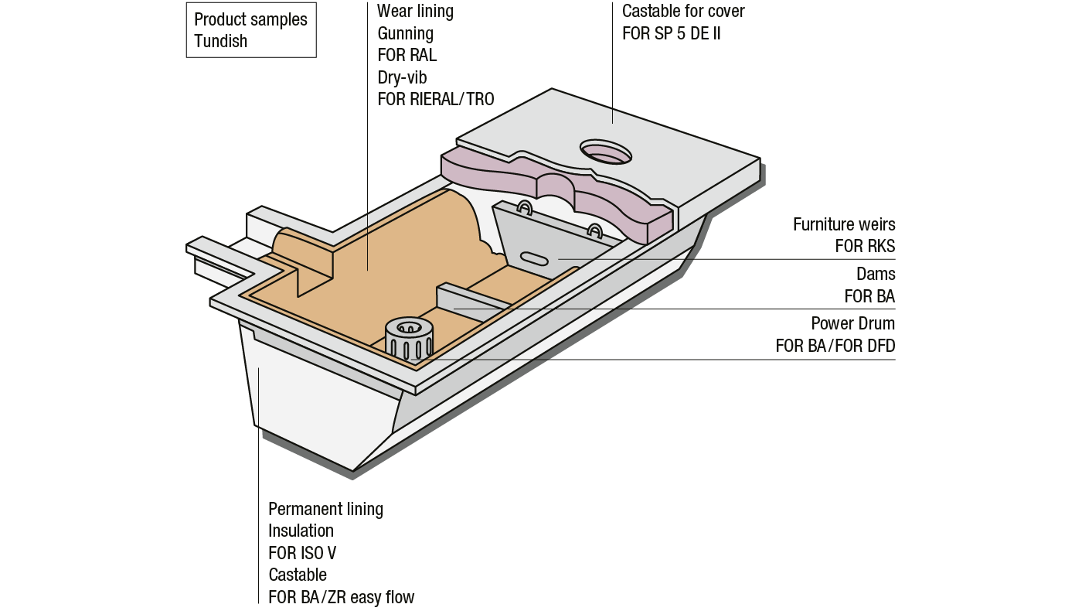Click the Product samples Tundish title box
(250, 30)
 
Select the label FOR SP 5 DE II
(671, 34)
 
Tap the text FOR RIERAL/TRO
(435, 100)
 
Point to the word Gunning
(405, 33)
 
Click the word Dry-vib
(402, 77)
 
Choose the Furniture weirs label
(844, 224)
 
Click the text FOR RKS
(865, 247)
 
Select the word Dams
(876, 274)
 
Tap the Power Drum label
(852, 323)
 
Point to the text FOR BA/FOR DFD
(835, 346)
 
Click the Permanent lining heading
(325, 509)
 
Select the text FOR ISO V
(302, 553)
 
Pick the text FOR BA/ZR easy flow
(341, 597)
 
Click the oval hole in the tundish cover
(606, 152)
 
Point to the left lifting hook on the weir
(525, 207)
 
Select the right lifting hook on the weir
(594, 230)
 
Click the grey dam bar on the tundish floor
(471, 301)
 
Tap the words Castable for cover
(683, 12)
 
